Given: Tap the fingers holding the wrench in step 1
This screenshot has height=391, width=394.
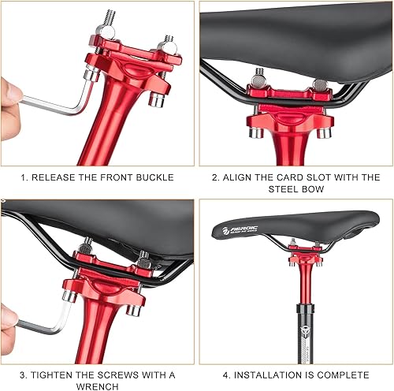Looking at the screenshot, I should [x=9, y=99].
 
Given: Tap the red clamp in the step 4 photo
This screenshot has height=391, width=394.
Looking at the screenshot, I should [x=303, y=254].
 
